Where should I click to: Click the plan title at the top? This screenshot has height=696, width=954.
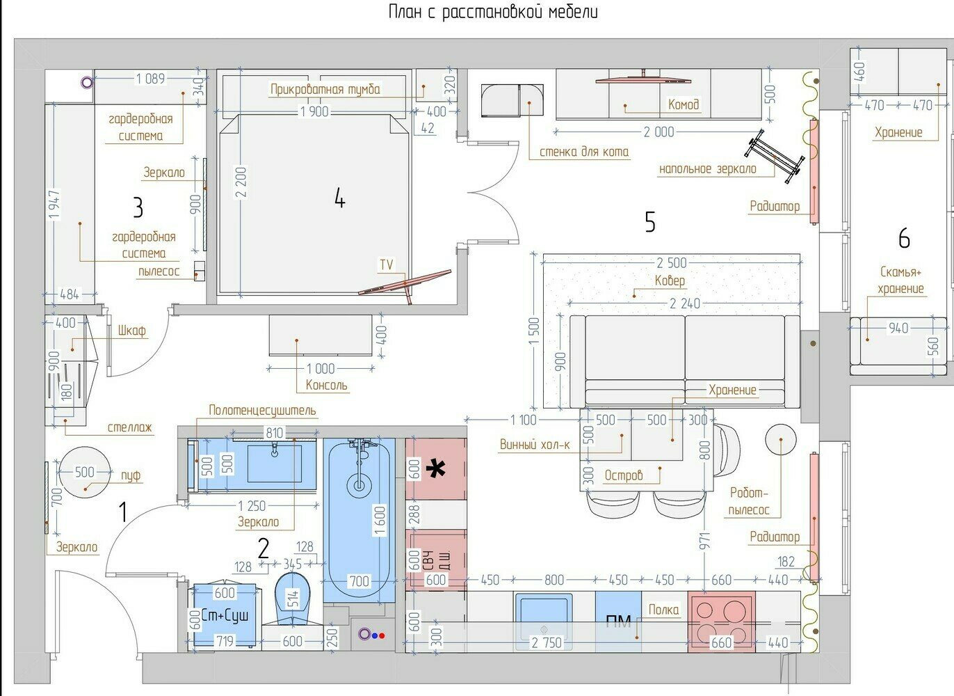coord(493,12)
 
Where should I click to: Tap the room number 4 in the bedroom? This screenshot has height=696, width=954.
coord(339,198)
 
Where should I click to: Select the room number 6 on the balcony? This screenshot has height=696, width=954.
coord(904,238)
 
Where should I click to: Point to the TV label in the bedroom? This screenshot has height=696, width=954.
coord(387,264)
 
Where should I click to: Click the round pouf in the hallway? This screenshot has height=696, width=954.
coord(85,472)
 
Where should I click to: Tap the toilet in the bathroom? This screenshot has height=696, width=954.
coord(292,599)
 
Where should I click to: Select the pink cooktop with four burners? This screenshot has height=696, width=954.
coord(722,622)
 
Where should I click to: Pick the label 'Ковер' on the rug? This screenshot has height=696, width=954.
coord(670,280)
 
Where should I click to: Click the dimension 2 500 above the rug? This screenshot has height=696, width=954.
coord(672,262)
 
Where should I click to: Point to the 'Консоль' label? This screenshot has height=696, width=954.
coord(327,385)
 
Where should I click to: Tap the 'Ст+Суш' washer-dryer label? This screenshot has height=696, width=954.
coord(225,615)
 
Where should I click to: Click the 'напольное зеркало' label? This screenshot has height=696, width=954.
coord(708,169)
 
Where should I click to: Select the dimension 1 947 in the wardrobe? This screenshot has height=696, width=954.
coord(54,204)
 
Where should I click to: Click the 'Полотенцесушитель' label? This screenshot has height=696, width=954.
coord(262,410)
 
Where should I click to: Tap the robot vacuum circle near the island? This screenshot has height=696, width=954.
coord(781,439)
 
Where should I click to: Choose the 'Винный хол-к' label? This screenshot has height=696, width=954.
coord(535,445)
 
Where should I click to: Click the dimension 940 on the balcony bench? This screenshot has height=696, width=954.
coord(898,328)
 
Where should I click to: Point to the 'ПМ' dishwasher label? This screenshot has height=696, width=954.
coord(618,622)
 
